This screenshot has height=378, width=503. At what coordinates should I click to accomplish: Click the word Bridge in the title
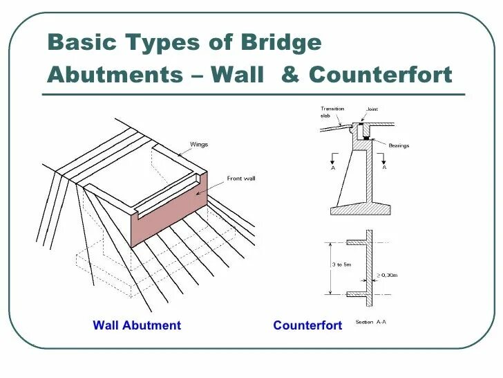[282, 43]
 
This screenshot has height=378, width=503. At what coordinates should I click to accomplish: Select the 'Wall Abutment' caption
[137, 325]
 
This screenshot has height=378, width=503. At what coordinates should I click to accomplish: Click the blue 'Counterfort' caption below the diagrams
[307, 325]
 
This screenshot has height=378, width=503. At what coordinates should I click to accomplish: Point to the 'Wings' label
[199, 145]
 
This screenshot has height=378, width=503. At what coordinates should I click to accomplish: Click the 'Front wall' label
[241, 179]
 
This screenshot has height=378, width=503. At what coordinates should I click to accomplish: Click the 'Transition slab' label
[332, 112]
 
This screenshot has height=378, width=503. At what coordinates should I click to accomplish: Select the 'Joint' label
[372, 109]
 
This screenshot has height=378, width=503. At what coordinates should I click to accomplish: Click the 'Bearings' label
[399, 145]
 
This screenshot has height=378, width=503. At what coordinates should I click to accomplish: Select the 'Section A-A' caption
[370, 322]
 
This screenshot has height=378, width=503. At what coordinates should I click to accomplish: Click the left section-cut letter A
[332, 168]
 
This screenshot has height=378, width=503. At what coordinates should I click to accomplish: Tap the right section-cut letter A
[384, 168]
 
